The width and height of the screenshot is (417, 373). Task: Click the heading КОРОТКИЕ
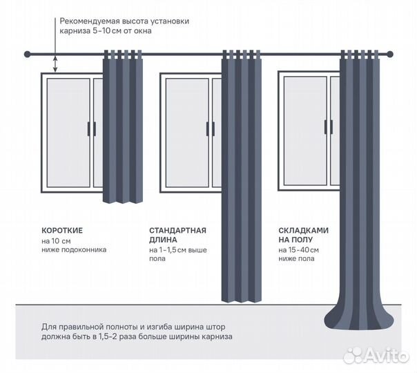pos(62,231)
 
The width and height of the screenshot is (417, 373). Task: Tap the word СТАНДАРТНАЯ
pos(177,231)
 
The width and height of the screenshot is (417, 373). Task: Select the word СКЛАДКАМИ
pos(304,231)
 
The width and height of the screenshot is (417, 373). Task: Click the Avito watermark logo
pos(376,356)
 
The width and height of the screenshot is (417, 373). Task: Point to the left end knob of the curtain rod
pos(27,55)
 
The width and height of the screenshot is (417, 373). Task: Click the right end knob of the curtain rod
pos(390,55)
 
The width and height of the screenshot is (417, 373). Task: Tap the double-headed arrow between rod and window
pos(55,64)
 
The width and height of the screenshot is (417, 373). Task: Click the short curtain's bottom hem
pos(123,201)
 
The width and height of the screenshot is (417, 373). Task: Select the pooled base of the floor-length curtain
pos(359,319)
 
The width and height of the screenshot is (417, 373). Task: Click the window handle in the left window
pos(92,129)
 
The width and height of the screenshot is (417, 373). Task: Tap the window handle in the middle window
pos(211,129)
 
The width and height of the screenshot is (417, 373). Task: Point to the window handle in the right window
pos(329,127)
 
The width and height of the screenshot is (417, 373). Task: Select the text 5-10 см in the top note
pos(106,31)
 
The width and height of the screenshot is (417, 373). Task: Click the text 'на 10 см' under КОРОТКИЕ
pos(56,241)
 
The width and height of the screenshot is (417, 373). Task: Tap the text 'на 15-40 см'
pos(299,250)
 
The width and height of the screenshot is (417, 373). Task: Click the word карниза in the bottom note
pos(217,336)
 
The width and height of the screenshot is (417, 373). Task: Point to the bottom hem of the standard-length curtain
pos(242,300)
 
